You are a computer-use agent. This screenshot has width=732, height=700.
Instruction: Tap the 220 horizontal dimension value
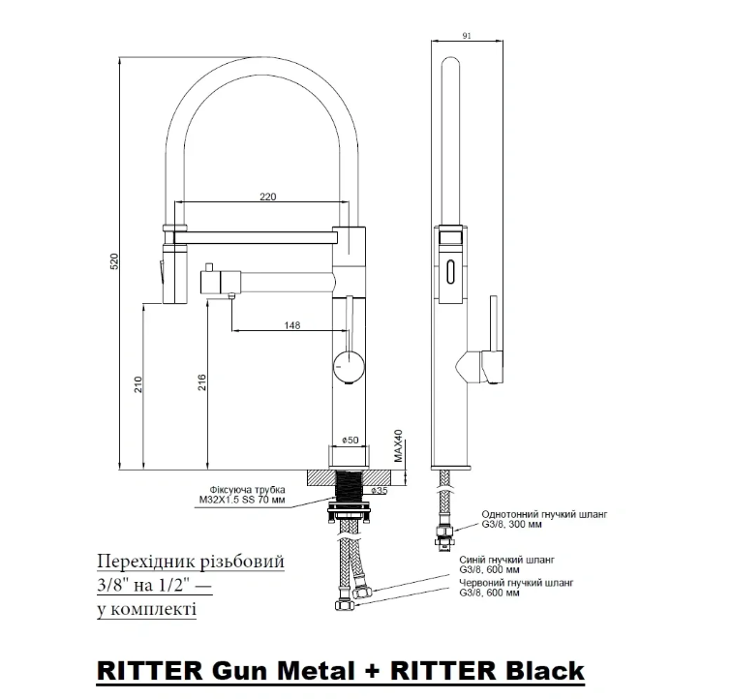268,197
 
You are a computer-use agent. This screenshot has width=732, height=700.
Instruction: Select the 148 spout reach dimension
291,324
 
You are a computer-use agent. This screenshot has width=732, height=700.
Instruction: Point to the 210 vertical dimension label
138,384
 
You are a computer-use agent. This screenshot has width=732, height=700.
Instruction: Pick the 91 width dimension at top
467,37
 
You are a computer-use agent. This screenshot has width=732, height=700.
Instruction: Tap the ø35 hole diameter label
380,491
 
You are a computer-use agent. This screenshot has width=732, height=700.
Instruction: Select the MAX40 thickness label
398,447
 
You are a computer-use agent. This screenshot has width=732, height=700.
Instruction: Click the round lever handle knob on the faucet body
349,364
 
